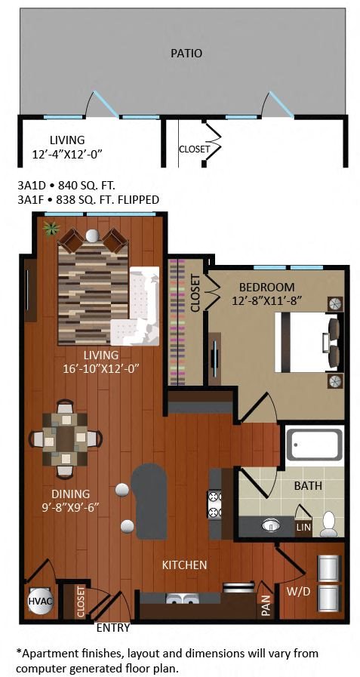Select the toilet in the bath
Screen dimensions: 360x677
[x=329, y=524]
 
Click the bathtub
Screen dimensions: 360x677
[x=315, y=445]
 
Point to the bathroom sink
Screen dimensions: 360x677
[x=271, y=525]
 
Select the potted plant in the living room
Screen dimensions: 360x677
[x=51, y=229]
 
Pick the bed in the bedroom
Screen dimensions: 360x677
[x=307, y=343]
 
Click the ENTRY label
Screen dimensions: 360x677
[x=113, y=628]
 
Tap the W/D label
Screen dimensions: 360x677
[x=299, y=591]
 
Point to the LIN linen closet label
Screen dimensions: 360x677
[x=303, y=527]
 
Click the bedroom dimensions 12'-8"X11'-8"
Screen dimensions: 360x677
[x=266, y=300]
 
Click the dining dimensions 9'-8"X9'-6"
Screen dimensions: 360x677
[x=71, y=507]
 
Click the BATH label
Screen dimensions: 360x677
[x=308, y=486]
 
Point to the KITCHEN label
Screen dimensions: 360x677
[x=185, y=565]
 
